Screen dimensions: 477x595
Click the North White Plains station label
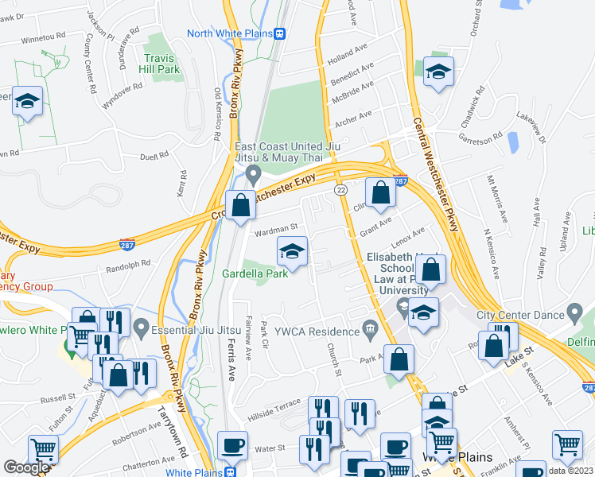[229, 33]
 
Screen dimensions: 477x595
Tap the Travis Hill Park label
[162, 64]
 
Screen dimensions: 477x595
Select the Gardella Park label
[255, 274]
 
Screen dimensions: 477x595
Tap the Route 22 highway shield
[340, 190]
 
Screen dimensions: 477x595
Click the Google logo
[26, 467]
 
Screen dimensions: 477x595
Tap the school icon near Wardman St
[293, 253]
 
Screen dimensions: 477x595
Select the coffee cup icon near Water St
[232, 445]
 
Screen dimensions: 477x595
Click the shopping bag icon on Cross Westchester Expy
[240, 206]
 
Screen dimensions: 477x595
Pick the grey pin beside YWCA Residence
[369, 327]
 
